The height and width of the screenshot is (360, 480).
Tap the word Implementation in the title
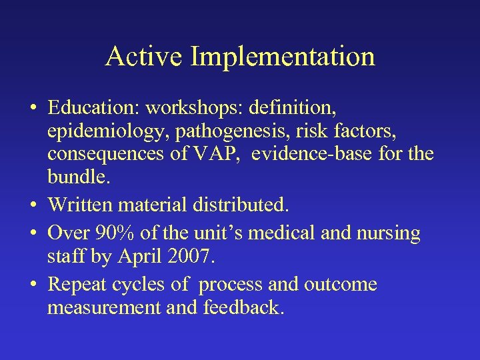(x=283, y=57)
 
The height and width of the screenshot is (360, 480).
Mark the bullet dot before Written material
(x=33, y=201)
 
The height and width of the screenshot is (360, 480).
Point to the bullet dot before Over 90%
(x=33, y=234)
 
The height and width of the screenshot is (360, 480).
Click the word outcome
(x=341, y=285)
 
